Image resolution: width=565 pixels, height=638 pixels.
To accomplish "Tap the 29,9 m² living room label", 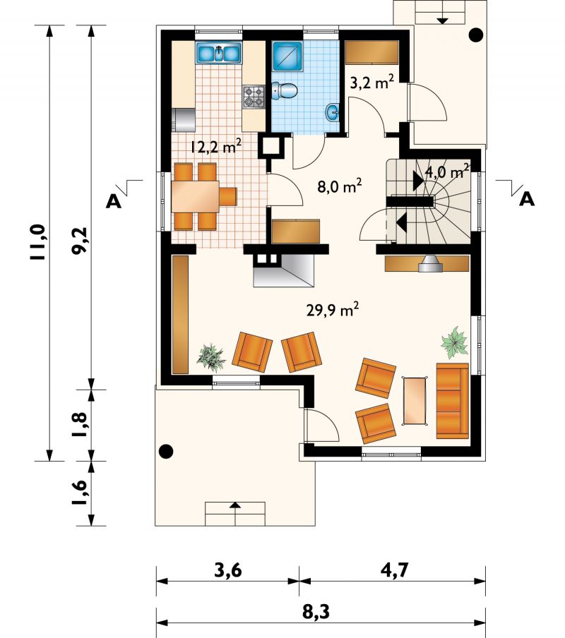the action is (332, 311).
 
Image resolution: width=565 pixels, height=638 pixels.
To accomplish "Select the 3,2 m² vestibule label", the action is (371, 83).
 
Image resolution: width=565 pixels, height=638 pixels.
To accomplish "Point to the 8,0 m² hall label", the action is (340, 186).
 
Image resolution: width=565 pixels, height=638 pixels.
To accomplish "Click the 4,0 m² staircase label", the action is (447, 171).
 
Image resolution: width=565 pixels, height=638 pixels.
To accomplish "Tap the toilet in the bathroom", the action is (285, 90).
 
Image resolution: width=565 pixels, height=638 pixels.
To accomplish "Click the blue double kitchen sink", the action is (219, 52).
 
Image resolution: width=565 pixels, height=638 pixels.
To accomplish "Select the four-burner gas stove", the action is (254, 97).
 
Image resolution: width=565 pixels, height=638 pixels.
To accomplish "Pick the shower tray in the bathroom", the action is (287, 56).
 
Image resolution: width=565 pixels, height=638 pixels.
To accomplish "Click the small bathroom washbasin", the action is (332, 112).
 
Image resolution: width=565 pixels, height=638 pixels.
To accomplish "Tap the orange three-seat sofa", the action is (453, 401).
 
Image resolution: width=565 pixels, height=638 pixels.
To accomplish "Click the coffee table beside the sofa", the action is (415, 401).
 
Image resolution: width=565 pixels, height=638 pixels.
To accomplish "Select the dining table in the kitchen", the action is (196, 196).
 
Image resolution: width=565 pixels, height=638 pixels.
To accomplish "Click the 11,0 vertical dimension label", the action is (40, 243).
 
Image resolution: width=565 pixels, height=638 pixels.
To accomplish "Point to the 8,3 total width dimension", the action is (316, 612).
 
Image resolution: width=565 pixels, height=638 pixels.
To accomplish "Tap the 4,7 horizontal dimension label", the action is (394, 570).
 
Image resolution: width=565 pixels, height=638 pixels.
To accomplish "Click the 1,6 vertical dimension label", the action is (80, 493).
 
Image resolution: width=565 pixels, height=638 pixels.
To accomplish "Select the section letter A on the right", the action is (527, 200).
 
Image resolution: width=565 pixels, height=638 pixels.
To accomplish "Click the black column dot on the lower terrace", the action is (166, 451).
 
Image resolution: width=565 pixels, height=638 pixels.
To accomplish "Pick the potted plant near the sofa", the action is (455, 342).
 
